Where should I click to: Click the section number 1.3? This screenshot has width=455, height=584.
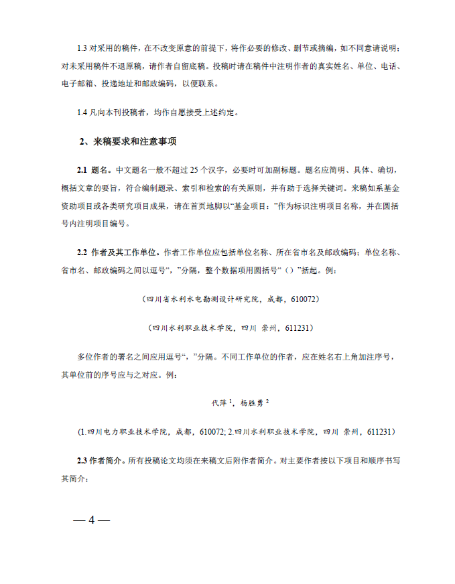[x=82, y=49]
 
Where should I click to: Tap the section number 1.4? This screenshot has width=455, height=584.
[x=82, y=113]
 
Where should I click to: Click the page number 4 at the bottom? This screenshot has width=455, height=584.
[x=92, y=520]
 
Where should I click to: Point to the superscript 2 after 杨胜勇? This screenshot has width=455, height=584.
[x=267, y=400]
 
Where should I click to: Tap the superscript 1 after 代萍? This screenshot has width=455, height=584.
[x=231, y=400]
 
